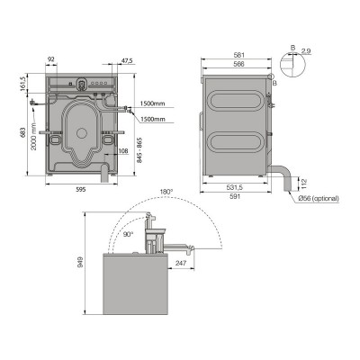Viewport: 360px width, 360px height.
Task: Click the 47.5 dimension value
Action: click(127, 60)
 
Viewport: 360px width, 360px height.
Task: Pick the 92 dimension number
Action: click(50, 60)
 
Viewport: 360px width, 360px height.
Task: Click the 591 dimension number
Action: click(233, 196)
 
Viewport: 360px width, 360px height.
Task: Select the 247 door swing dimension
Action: click(181, 263)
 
